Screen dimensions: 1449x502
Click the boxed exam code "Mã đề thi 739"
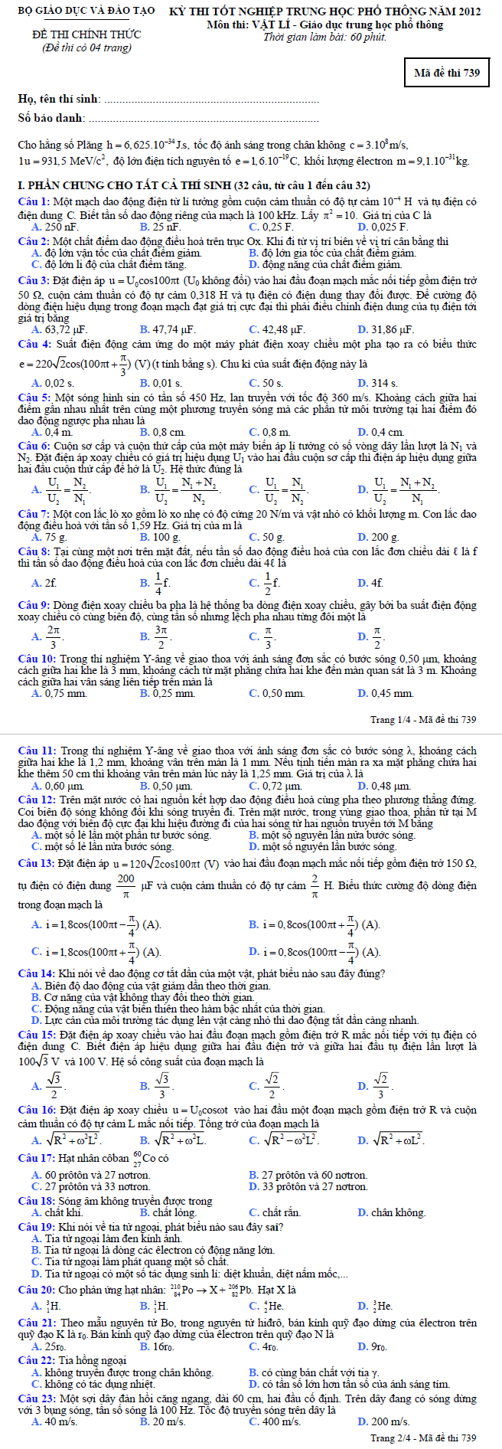[446, 73]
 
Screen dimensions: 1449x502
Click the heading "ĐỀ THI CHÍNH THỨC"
[86, 35]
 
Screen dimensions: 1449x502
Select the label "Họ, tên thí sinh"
[58, 99]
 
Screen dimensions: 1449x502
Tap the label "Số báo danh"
[51, 119]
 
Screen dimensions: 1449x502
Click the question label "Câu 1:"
[34, 201]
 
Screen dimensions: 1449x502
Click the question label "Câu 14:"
[36, 973]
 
